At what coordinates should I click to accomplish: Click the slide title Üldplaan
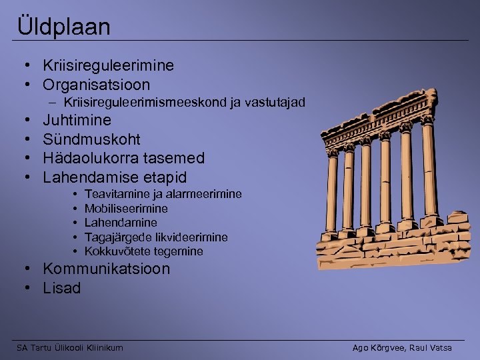65,27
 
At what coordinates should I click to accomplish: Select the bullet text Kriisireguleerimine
108,65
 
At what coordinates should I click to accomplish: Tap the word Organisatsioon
96,85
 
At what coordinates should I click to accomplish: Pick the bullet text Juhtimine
77,121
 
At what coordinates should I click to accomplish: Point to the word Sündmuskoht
91,139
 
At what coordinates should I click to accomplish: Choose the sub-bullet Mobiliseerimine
126,209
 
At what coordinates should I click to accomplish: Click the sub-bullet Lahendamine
121,223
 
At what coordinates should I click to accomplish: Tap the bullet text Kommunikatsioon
106,269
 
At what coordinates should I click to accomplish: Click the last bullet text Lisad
61,288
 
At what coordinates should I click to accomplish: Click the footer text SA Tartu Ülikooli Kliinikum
70,347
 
